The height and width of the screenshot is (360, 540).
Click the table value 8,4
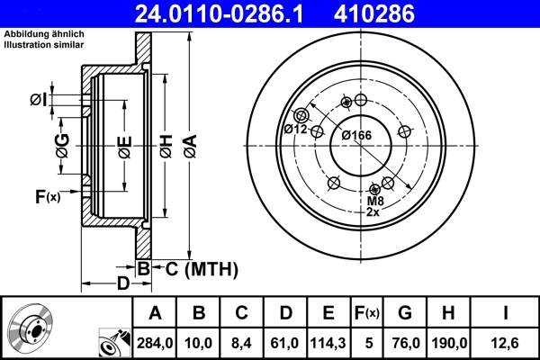coord(242,342)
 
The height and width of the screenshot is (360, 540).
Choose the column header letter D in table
coord(285,312)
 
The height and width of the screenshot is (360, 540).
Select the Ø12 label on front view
coord(296,129)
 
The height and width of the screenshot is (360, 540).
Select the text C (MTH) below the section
coord(196,267)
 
